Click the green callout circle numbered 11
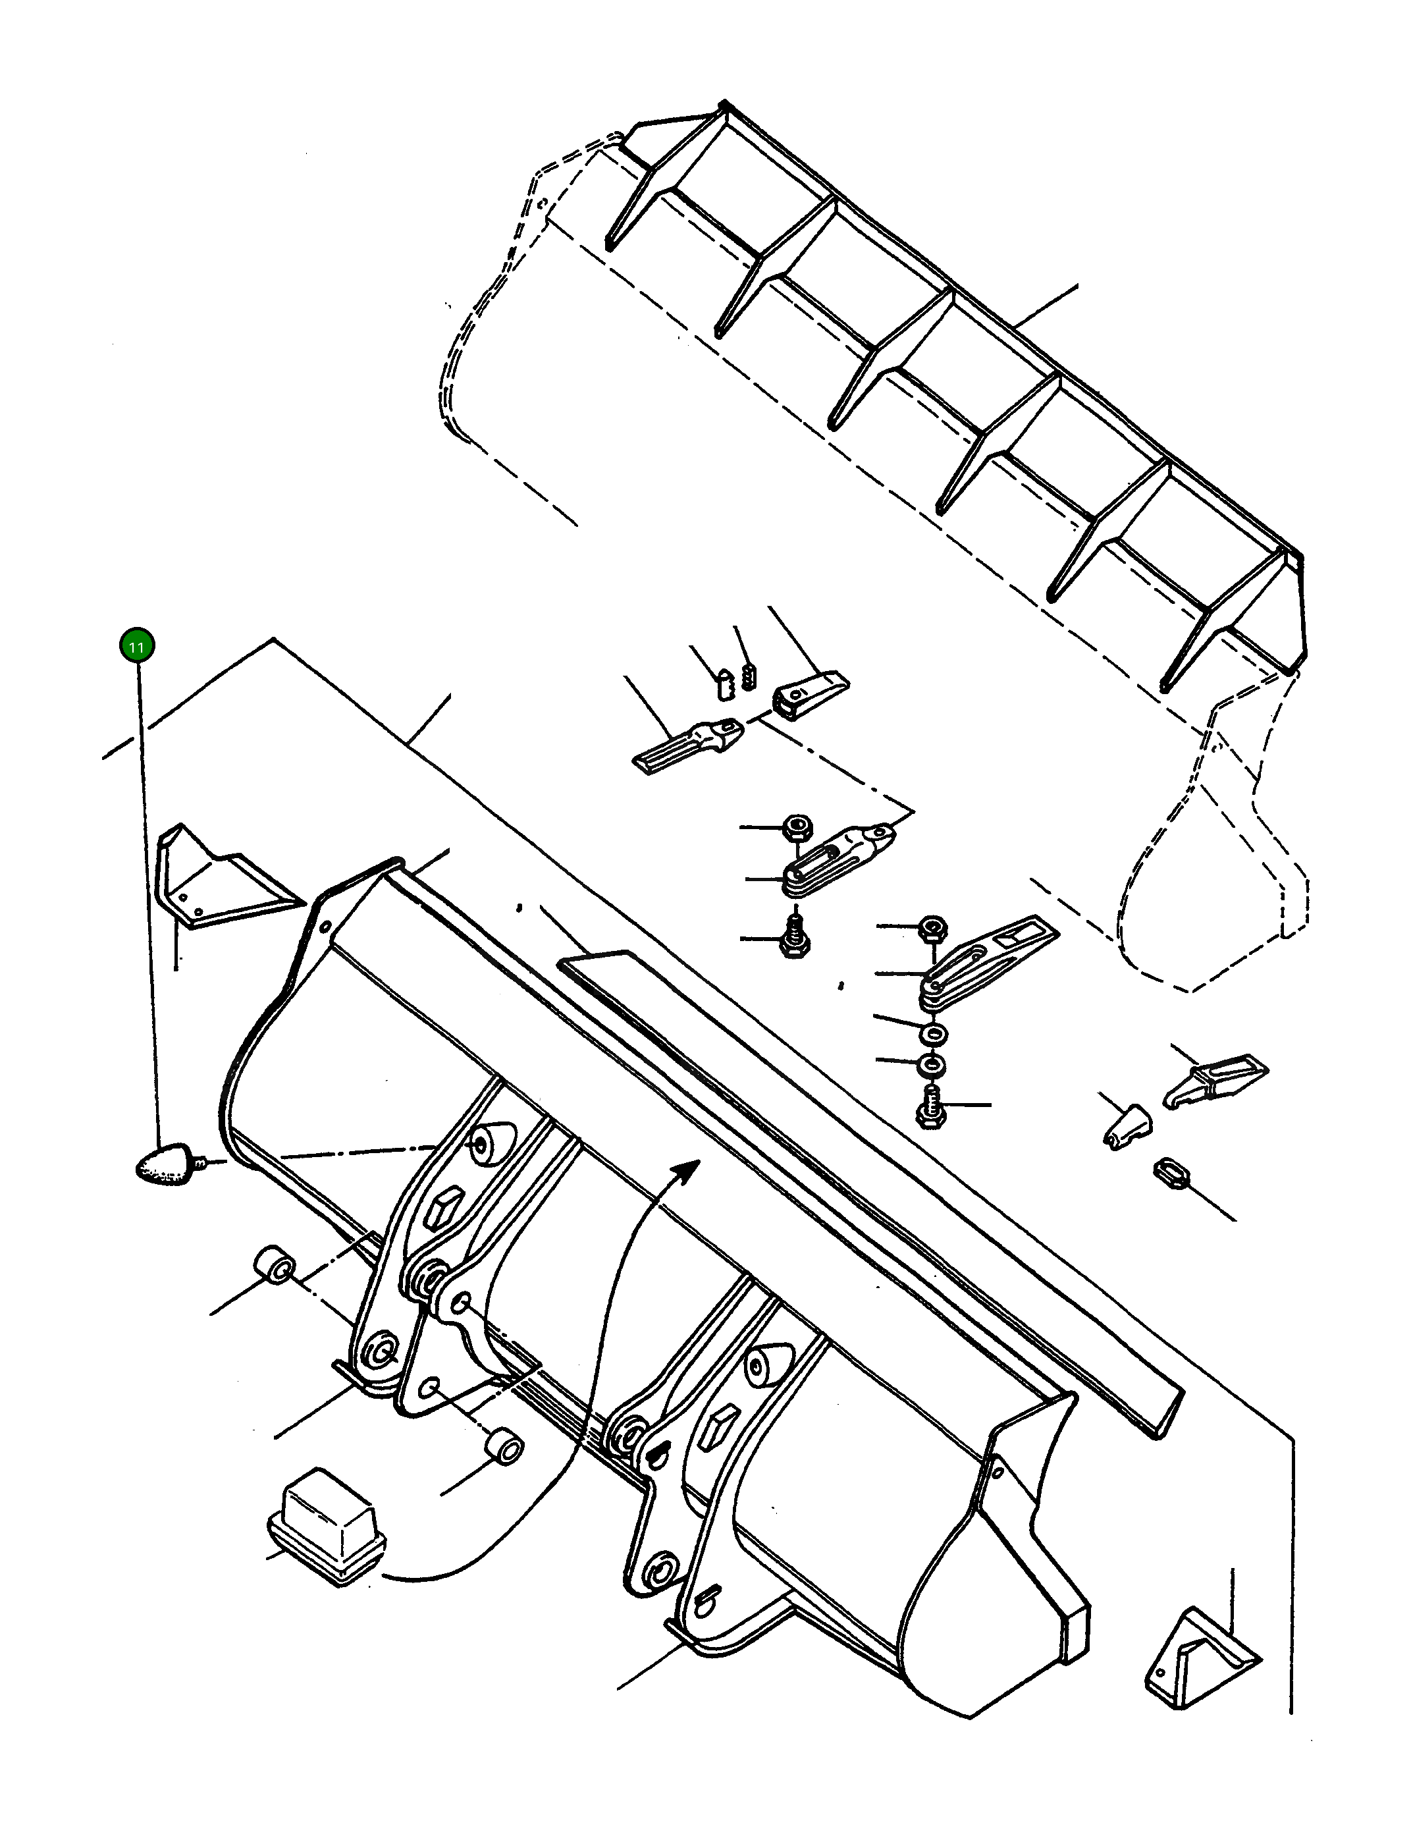(x=137, y=646)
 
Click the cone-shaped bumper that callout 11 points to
(x=165, y=1164)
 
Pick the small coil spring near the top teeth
(x=750, y=674)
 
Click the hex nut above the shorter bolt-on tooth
(x=795, y=827)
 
